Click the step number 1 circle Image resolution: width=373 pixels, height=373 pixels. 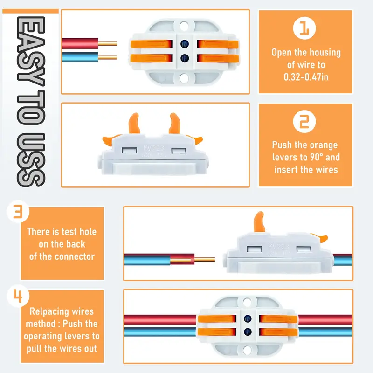(304, 28)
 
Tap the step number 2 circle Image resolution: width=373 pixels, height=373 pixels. (304, 121)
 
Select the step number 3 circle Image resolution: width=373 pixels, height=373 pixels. (18, 211)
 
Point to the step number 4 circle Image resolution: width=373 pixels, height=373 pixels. (18, 296)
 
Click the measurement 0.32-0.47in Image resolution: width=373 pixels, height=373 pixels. (306, 77)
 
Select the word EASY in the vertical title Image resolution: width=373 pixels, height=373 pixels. (31, 51)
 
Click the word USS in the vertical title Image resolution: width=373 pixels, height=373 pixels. (31, 160)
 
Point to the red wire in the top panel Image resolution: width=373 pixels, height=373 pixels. (80, 43)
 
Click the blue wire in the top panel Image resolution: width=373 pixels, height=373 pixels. (80, 57)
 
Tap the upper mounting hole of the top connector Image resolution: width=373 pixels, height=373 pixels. (184, 26)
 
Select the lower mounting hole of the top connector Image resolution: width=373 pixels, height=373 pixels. (184, 78)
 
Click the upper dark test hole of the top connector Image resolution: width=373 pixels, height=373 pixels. (185, 44)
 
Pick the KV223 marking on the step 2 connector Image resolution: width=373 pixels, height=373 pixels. (154, 148)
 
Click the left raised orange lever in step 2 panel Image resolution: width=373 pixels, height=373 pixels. (134, 123)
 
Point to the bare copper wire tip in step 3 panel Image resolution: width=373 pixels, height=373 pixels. (205, 259)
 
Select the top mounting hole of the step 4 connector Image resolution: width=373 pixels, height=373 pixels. (247, 302)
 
